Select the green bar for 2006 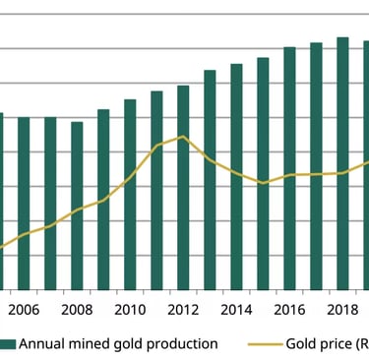24,203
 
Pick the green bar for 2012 183,187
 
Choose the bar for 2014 236,176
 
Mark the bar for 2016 289,167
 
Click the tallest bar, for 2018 342,162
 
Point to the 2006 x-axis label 24,310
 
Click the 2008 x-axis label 77,310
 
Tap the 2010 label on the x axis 130,310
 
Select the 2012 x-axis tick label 183,310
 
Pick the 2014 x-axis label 236,310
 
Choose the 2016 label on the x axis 289,310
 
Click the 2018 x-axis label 342,310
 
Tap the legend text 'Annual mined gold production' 118,344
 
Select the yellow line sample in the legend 263,344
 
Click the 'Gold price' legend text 326,344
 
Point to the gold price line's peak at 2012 182,137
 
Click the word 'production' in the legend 181,344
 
